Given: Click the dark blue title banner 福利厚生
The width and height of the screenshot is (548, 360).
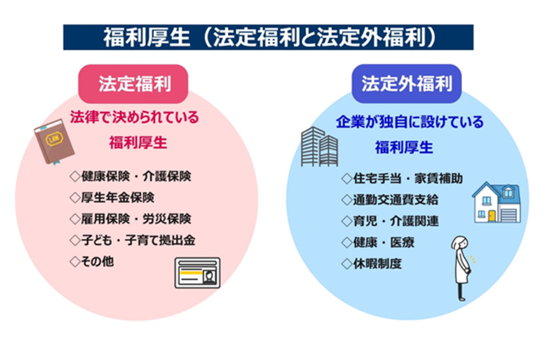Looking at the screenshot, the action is [268, 37].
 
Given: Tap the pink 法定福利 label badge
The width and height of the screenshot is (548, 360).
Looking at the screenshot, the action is [133, 84].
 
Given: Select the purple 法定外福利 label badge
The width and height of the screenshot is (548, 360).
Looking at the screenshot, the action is [407, 84].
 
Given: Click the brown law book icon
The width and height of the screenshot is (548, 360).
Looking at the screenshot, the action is [54, 141].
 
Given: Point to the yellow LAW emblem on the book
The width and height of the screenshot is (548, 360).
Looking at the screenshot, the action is [55, 139].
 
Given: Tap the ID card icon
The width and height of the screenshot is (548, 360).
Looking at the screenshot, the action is [197, 273].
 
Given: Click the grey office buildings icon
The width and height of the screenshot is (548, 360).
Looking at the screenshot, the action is [320, 146].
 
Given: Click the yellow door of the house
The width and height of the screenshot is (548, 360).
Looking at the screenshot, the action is [492, 215].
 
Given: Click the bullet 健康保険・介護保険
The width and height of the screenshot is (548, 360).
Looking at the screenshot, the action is [131, 176].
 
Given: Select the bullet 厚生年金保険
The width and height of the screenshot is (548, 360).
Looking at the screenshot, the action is [112, 198].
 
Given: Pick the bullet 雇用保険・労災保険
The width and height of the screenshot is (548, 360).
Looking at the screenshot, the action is [131, 219].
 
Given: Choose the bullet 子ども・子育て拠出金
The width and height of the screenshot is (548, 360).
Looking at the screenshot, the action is [133, 240].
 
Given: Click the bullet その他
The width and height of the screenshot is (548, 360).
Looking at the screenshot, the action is [91, 262].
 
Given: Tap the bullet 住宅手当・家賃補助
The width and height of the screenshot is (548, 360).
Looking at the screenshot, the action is [402, 179].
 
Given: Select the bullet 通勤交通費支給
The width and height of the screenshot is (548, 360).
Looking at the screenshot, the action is [389, 200].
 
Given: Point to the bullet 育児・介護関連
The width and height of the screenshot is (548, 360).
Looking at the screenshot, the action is [389, 221].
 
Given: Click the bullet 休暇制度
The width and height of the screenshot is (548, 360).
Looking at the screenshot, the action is [372, 264].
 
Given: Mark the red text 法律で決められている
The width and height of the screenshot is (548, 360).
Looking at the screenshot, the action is [134, 117].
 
